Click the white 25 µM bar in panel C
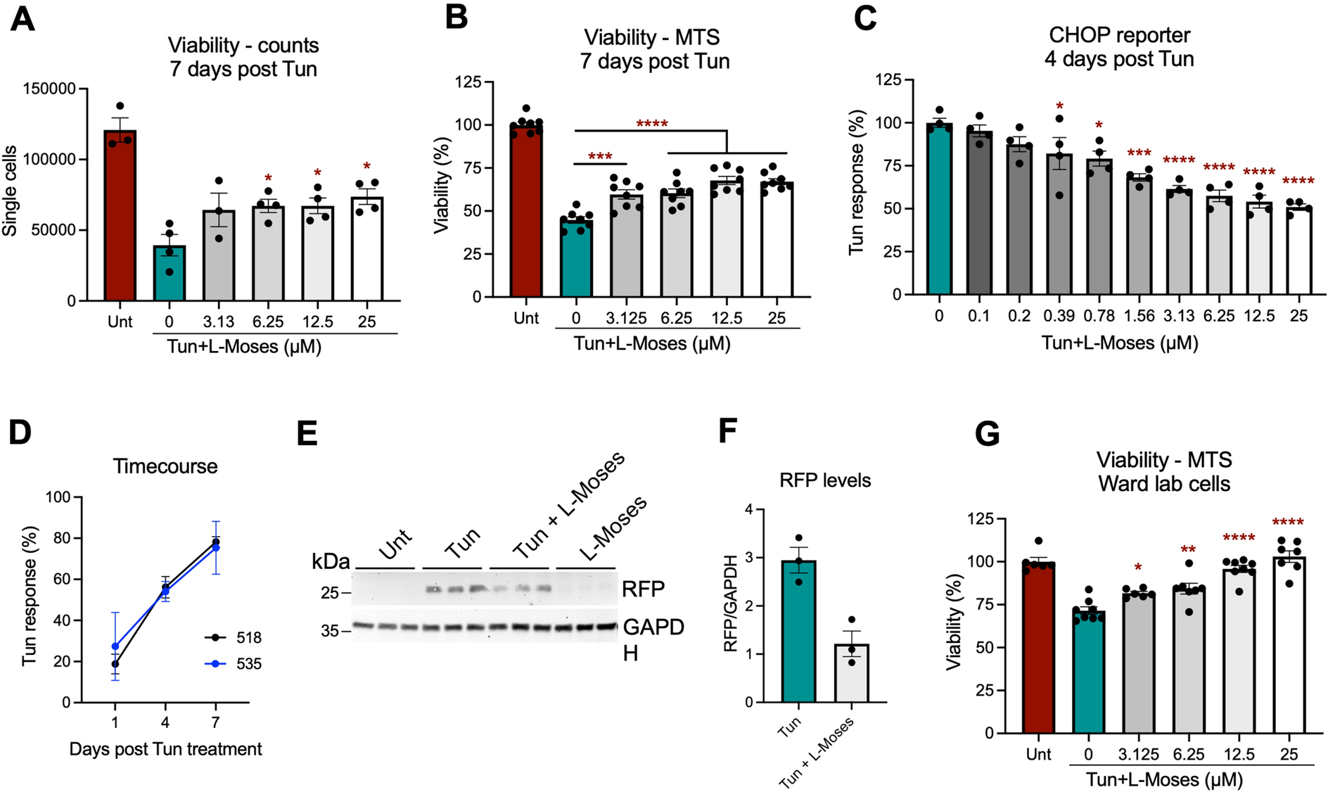(x=1298, y=251)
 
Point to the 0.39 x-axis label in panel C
(x=1059, y=316)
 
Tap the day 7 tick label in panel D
(x=215, y=722)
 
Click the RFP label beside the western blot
(x=643, y=589)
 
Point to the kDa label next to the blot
(x=331, y=561)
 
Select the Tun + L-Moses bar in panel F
(x=852, y=674)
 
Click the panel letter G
(x=988, y=434)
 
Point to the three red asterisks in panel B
(x=600, y=156)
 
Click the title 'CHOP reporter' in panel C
(x=1119, y=35)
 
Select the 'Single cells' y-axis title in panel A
(x=10, y=191)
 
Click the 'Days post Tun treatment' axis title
(x=165, y=749)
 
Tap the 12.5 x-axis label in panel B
(x=727, y=318)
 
